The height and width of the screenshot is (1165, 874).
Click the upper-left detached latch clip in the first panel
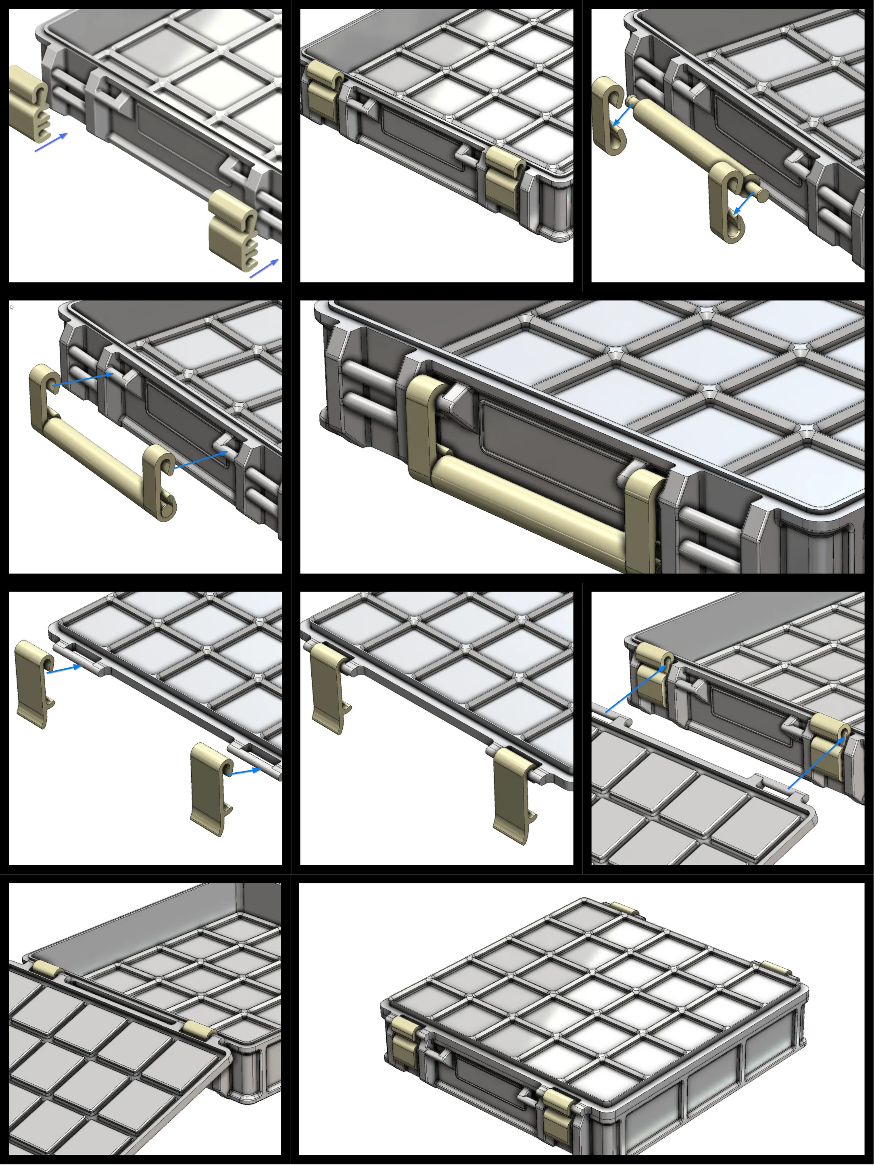27,103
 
